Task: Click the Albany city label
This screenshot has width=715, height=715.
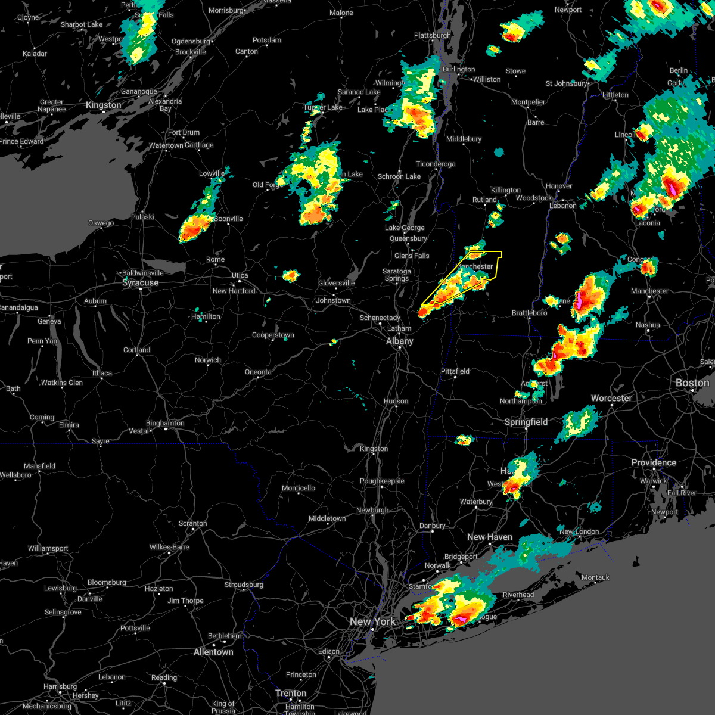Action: [399, 341]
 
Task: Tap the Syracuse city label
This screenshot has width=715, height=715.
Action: [141, 283]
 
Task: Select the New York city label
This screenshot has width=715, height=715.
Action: [372, 621]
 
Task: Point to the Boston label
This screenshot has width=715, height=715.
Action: [692, 383]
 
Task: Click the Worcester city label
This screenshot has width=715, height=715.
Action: [611, 398]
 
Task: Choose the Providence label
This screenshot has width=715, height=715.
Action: [654, 462]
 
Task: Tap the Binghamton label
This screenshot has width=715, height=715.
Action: [165, 424]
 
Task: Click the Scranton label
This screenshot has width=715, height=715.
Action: [193, 524]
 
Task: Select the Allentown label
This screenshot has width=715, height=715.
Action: [213, 652]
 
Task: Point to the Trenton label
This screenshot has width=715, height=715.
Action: [291, 693]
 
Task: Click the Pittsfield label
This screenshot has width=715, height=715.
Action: [455, 371]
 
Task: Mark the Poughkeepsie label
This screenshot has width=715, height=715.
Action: [382, 481]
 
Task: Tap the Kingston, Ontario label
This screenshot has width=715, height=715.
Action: [103, 105]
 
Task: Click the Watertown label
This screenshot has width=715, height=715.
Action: [166, 145]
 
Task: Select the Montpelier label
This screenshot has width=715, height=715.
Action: [529, 102]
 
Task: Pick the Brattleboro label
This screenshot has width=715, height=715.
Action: [529, 313]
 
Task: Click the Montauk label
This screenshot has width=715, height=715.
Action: [595, 577]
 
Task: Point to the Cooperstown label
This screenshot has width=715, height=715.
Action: [273, 335]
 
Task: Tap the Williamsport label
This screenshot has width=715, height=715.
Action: [48, 548]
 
